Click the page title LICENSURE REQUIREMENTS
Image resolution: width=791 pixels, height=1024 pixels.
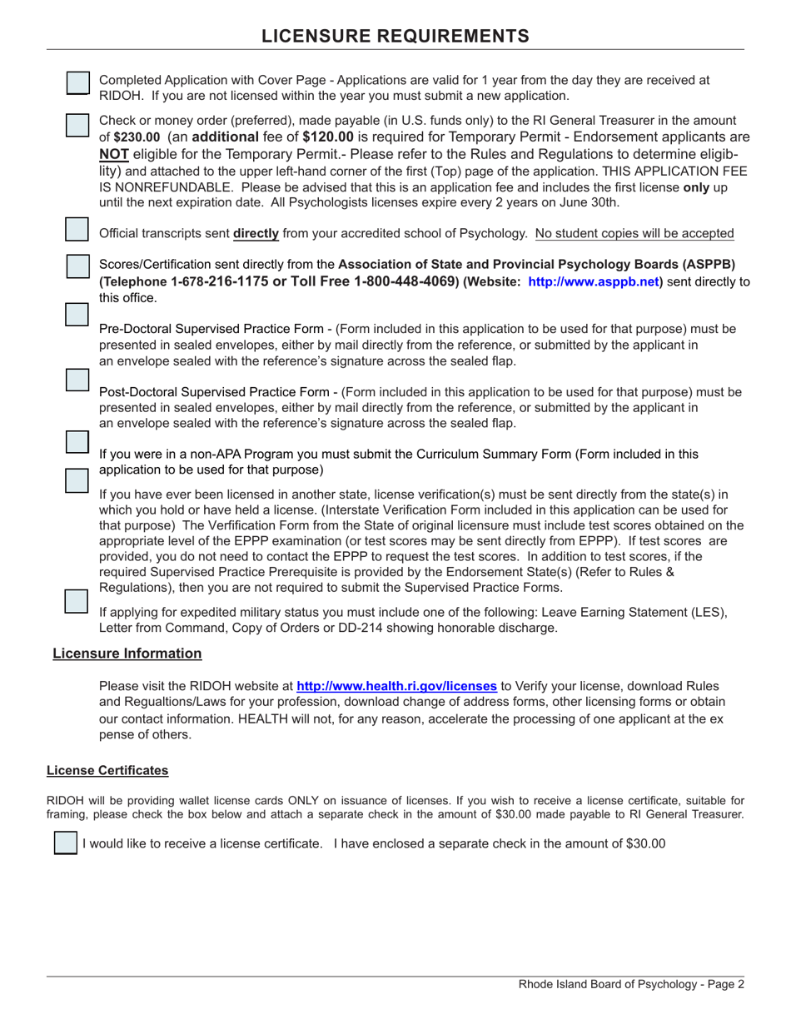point(395,36)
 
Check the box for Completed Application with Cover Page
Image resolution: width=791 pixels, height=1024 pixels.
point(77,82)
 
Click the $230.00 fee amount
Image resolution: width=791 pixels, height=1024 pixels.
point(136,137)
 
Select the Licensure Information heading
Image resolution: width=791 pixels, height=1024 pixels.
point(127,654)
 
